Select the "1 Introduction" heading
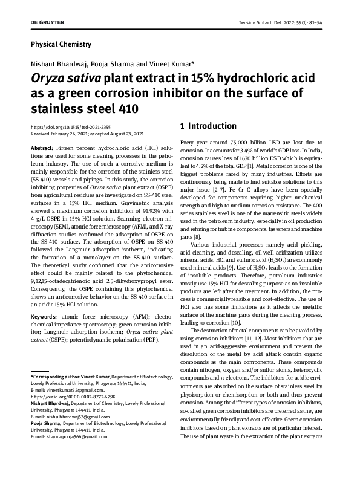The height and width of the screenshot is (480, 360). click(x=208, y=126)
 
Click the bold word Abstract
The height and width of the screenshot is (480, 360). click(x=41, y=148)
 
